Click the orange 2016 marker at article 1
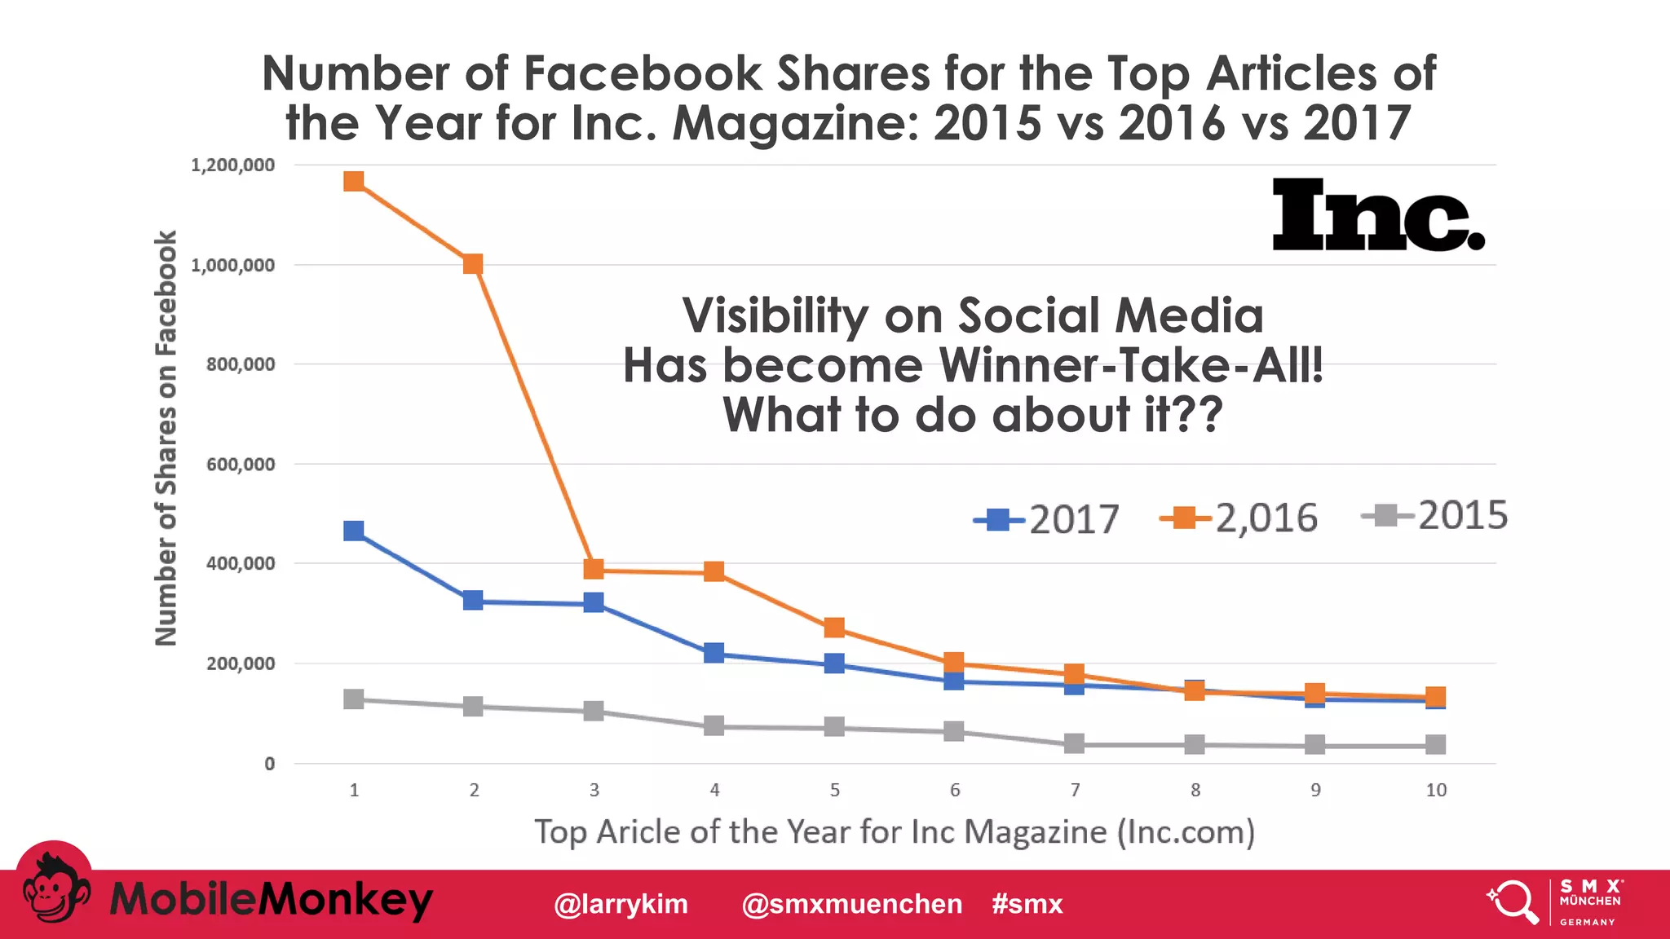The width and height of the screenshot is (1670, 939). pos(353,181)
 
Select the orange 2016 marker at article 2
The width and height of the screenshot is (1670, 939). pos(473,264)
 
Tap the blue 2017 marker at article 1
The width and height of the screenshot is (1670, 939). pos(353,531)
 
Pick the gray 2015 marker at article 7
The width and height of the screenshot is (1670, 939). pos(1075,743)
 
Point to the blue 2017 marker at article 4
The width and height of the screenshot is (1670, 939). pos(714,653)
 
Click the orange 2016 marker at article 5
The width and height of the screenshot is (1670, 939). pos(834,628)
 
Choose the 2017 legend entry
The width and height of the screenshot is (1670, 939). pos(1048,519)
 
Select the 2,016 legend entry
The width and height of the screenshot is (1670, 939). pos(1239,518)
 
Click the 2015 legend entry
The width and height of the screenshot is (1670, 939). pos(1435,515)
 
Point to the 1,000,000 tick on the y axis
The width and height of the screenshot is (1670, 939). pos(233,265)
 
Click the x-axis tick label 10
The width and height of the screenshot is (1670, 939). pos(1436,790)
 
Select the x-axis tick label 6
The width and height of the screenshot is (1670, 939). pos(955,790)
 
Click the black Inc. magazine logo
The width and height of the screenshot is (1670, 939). pos(1378,215)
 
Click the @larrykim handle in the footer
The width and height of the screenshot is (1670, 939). pos(621,904)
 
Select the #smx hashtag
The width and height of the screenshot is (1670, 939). pos(1027,904)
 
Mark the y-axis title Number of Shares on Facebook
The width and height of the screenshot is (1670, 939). pos(166,439)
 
